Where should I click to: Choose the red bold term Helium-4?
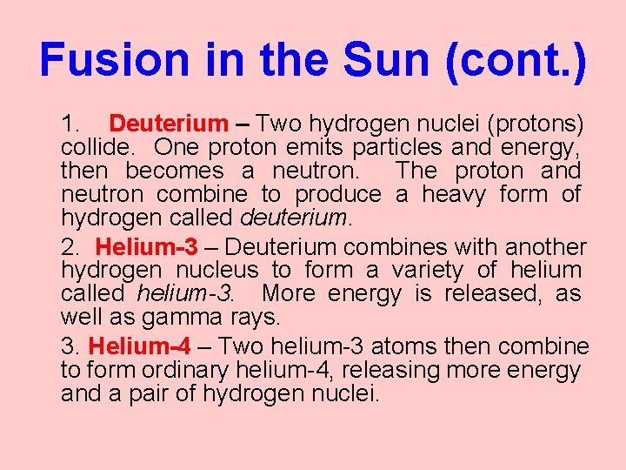139,346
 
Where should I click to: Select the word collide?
95,148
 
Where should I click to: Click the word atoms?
404,346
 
